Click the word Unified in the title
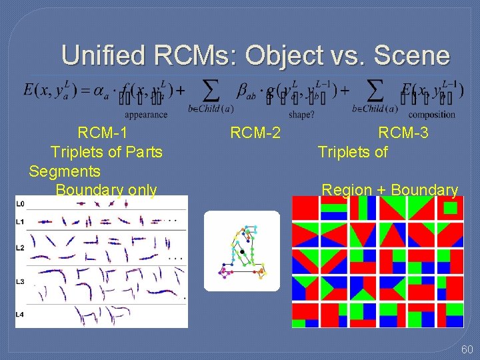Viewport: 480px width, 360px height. pos(102,55)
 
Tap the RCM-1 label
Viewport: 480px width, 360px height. pos(103,133)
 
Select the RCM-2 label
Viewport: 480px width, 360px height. pos(255,133)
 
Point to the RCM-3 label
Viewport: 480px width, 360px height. pos(403,133)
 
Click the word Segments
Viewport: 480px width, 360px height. pos(65,171)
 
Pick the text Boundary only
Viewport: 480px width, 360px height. pos(106,190)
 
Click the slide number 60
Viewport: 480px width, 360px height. pos(466,349)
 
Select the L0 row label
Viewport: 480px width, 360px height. pos(20,203)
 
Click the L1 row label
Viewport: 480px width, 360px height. pos(20,221)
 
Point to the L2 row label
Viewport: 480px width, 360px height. pos(20,248)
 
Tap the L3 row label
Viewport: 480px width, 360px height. pos(20,283)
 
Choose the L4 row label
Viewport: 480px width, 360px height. pos(20,313)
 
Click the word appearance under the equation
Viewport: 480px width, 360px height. pos(146,115)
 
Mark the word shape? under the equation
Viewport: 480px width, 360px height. pos(301,115)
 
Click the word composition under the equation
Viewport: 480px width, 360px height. pos(433,115)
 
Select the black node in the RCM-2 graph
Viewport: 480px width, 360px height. pos(242,251)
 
